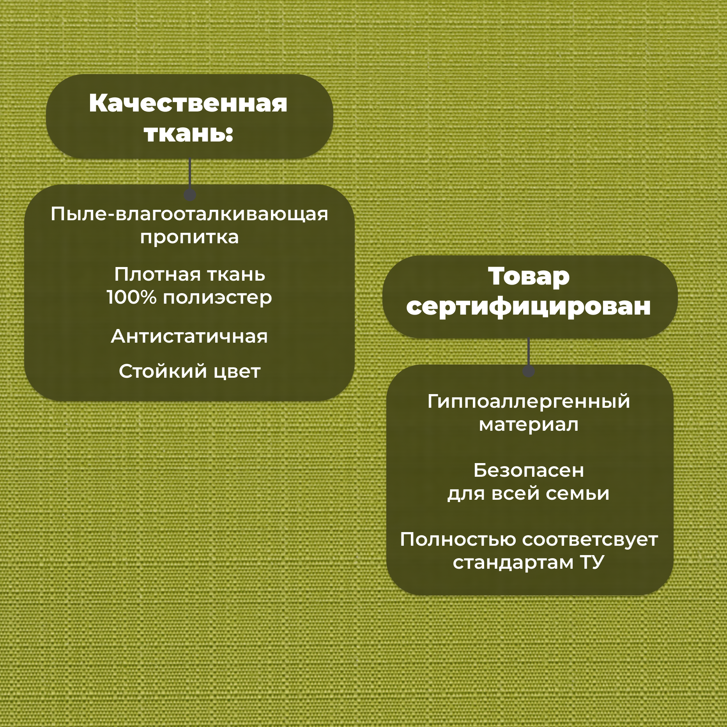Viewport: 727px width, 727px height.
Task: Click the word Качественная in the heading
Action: (188, 103)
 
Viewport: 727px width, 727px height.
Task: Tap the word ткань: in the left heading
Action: (188, 133)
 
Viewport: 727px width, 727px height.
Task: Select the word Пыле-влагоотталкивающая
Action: (189, 214)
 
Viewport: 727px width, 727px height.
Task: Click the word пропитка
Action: (189, 237)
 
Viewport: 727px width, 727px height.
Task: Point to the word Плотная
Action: (157, 274)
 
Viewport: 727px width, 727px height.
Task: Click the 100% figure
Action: (131, 297)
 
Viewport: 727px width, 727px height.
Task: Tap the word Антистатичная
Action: (189, 336)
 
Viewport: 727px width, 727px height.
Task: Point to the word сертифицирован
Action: (529, 307)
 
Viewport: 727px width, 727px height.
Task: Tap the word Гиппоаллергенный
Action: (529, 402)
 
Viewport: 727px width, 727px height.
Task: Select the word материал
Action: (529, 425)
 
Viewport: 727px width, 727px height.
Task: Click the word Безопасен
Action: (529, 471)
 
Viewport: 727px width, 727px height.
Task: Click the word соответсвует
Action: (590, 540)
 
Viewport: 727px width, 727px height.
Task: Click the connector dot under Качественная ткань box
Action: (189, 195)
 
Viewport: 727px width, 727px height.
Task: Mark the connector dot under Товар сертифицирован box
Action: (528, 371)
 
